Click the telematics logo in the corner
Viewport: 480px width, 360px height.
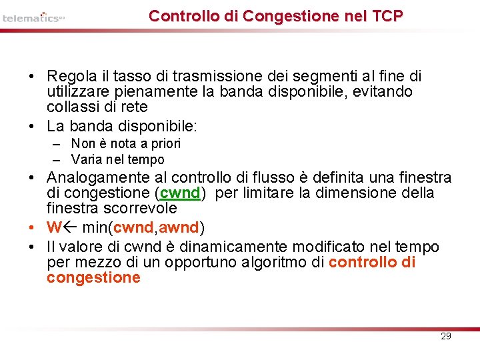(33, 18)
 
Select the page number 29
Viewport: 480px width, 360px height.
(446, 336)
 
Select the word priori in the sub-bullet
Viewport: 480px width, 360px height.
(166, 143)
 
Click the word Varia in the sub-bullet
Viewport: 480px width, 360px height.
(85, 159)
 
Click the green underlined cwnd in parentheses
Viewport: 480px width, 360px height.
(180, 193)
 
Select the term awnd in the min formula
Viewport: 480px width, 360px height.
(179, 228)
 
